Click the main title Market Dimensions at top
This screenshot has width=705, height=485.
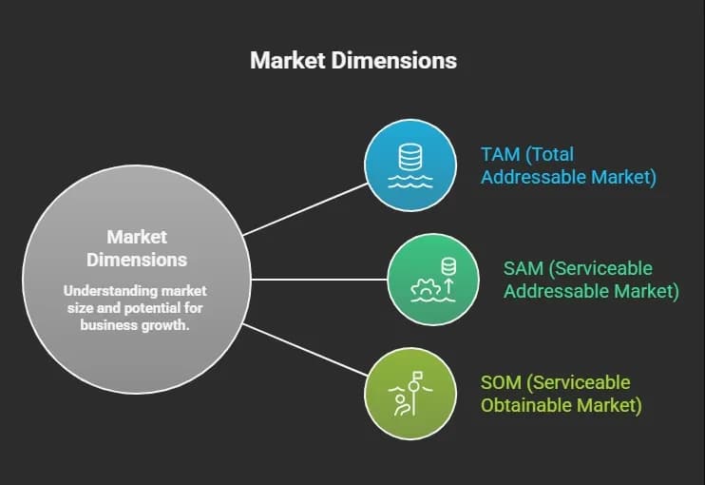[353, 60]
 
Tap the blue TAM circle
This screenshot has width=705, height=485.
[410, 165]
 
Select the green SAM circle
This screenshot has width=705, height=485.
[433, 279]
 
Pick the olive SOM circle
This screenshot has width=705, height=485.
[410, 394]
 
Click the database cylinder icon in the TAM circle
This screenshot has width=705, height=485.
[410, 157]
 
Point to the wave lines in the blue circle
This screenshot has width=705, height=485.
[410, 182]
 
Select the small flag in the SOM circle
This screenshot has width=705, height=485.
[418, 375]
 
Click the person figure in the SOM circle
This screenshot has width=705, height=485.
[403, 404]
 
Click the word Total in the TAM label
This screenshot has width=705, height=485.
[550, 155]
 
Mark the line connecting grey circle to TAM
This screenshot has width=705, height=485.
[305, 209]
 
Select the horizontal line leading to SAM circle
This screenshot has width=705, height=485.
[319, 280]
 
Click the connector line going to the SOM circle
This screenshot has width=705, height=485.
[305, 349]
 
